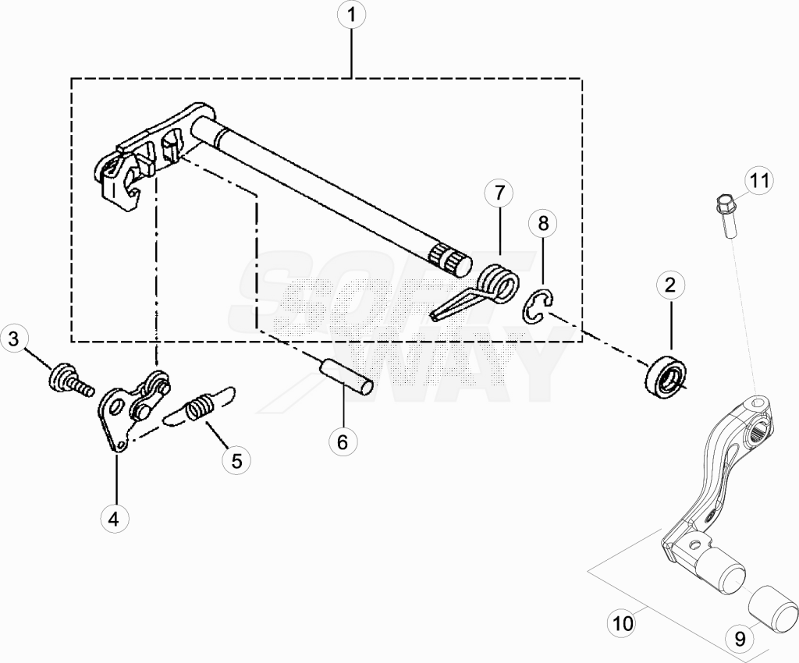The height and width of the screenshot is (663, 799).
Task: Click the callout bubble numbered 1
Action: coord(351,16)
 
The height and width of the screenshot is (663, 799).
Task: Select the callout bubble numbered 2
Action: coord(670,285)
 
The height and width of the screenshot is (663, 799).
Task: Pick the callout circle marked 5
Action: coord(236,461)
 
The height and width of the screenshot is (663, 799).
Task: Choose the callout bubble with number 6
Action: coord(343,442)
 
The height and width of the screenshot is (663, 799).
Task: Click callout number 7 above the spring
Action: coord(499,193)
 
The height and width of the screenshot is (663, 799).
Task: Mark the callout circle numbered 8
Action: coord(543,223)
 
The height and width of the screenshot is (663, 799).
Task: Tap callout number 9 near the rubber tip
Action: coord(740,638)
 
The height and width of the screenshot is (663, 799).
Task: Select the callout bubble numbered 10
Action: coord(623,623)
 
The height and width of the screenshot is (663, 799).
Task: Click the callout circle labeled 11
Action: coord(759,181)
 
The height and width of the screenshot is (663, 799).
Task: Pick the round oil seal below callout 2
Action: coord(666,374)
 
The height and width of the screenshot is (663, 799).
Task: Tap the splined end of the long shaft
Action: coord(449,259)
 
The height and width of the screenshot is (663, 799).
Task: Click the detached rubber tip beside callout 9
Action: coord(773,611)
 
